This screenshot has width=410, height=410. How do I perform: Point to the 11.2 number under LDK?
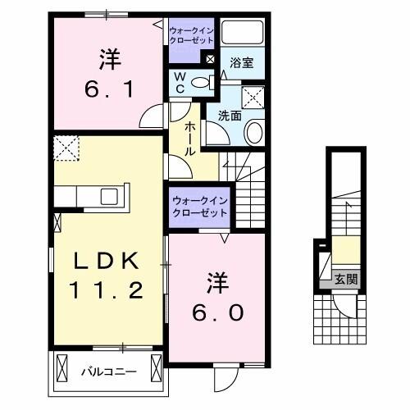pos(109,289)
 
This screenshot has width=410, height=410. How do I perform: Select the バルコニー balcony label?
pos(108,371)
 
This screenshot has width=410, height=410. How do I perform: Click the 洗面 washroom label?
pos(229,116)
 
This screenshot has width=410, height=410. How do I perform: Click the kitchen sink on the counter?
pos(108,196)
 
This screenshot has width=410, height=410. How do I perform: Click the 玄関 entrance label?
pos(345,279)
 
